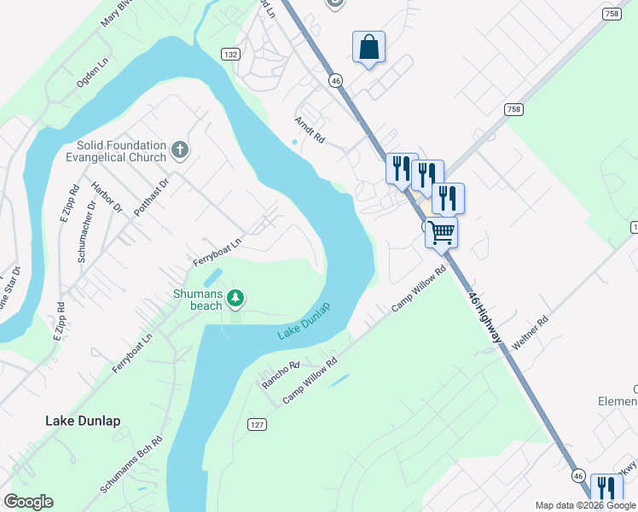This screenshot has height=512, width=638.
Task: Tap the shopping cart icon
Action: pyautogui.click(x=441, y=230)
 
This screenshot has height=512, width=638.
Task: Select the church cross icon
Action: pyautogui.click(x=179, y=151)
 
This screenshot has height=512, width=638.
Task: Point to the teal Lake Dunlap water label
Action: pyautogui.click(x=304, y=321)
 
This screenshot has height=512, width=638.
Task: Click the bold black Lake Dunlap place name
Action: pyautogui.click(x=83, y=421)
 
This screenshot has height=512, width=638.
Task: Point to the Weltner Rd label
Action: pyautogui.click(x=531, y=333)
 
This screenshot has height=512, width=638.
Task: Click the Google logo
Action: pyautogui.click(x=28, y=502)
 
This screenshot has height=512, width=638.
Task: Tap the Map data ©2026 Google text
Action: pyautogui.click(x=585, y=505)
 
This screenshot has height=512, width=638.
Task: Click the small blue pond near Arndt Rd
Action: pyautogui.click(x=295, y=142)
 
